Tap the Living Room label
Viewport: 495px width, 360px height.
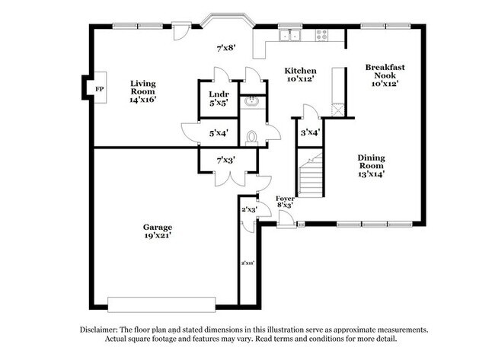click(142, 91)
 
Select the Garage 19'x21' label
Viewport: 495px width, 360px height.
click(158, 231)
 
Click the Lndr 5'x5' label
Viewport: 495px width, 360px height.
click(218, 99)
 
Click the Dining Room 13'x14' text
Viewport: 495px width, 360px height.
click(372, 165)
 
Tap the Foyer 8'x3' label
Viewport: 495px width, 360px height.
click(285, 201)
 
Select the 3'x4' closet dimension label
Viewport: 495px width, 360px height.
click(309, 133)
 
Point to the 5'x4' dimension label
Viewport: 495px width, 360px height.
click(219, 134)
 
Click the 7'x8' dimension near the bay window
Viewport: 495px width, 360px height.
click(225, 48)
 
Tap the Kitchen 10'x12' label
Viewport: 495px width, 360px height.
click(301, 75)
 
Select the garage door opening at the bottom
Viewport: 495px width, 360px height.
click(158, 300)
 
